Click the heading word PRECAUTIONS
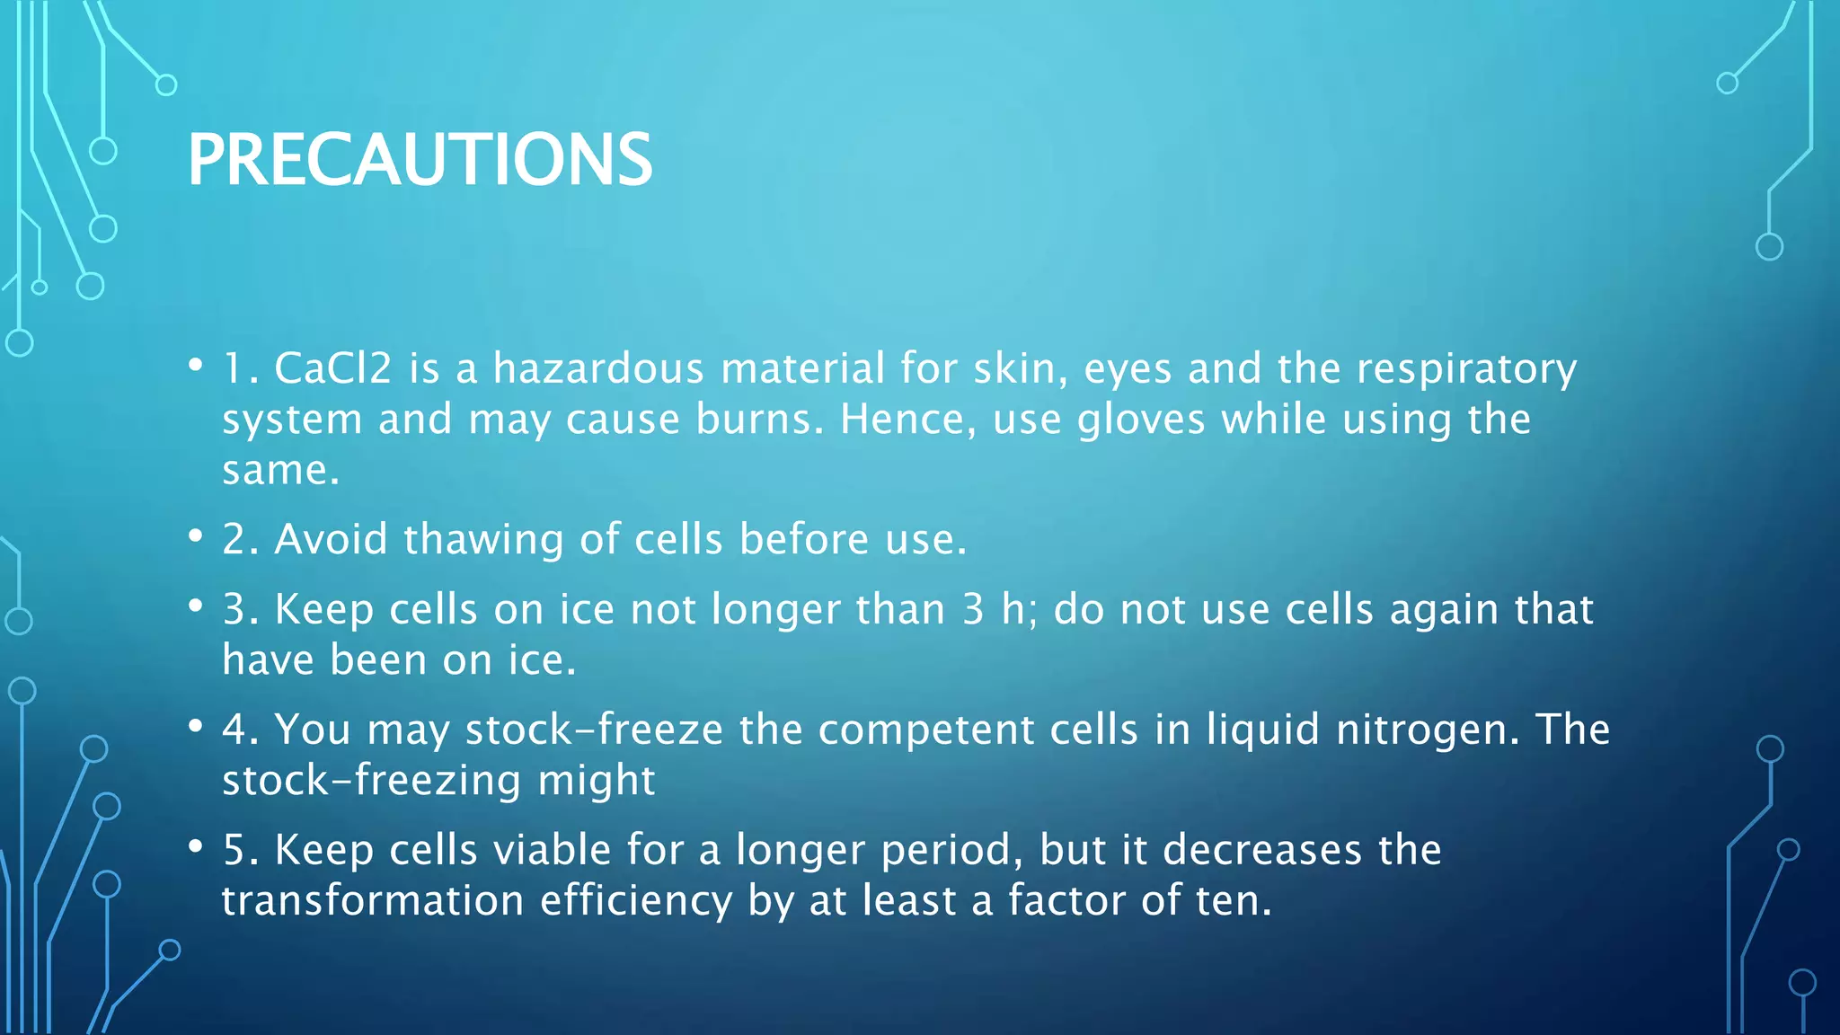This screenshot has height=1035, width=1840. point(419,160)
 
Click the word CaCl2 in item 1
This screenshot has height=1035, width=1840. point(332,368)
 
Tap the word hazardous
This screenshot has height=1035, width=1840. point(597,368)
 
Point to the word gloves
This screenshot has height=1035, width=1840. point(1140,420)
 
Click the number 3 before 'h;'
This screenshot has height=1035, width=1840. point(973,610)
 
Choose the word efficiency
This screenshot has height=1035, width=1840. point(636,901)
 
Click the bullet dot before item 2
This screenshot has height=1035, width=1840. point(195,536)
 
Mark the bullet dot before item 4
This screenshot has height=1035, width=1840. point(195,726)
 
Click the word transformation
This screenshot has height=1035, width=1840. point(372,901)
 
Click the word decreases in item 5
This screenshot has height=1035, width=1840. point(1261,850)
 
